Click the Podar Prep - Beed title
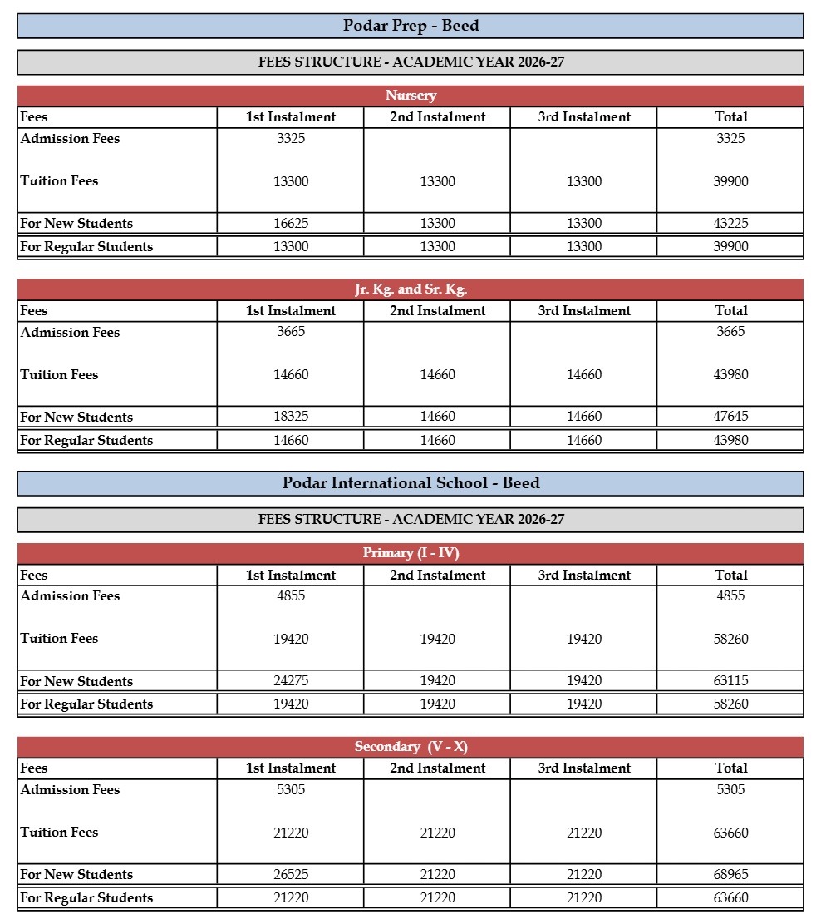[410, 26]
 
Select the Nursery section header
[410, 96]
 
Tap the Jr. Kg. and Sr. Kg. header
[410, 289]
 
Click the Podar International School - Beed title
[410, 483]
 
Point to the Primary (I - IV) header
[410, 553]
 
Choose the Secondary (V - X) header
[410, 747]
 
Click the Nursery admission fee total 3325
[730, 138]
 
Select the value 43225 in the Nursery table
[730, 223]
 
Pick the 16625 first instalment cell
[291, 223]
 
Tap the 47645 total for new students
[730, 417]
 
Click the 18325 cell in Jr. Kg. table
[291, 417]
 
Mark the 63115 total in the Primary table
[730, 681]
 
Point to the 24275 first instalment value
[291, 681]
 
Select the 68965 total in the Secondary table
[730, 874]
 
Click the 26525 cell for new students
[291, 874]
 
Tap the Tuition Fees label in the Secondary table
[59, 832]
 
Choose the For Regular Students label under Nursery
[86, 246]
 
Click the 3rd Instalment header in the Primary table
[584, 575]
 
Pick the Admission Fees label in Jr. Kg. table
[70, 332]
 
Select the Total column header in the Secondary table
[730, 768]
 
